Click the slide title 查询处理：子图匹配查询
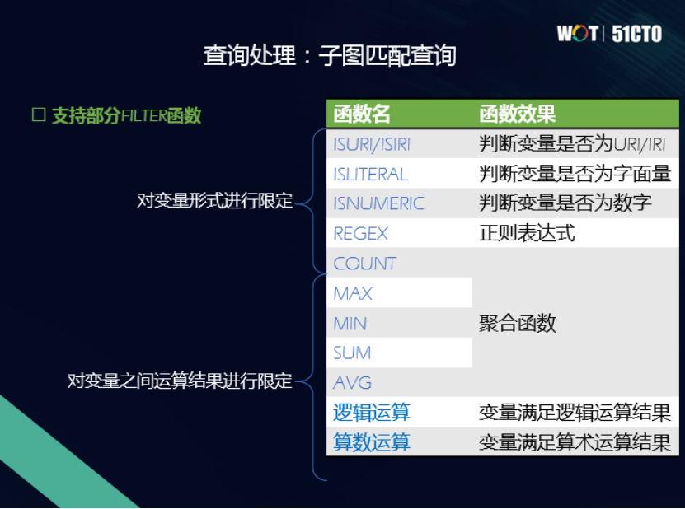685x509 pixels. tap(330, 55)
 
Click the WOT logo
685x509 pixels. tap(578, 34)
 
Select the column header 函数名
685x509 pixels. tap(362, 114)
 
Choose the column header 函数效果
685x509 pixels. tap(517, 114)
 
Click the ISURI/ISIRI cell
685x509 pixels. tap(372, 144)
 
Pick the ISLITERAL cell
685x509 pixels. tap(370, 175)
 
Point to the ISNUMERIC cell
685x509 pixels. tap(378, 203)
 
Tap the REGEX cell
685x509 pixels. tap(360, 234)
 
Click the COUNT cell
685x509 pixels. tap(364, 264)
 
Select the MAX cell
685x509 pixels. tap(353, 293)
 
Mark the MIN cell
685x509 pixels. tap(350, 324)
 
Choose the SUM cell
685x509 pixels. tap(352, 353)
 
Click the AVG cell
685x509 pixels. tap(352, 382)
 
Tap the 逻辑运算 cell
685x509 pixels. tap(371, 413)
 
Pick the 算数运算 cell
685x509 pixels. tap(371, 442)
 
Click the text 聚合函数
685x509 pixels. tap(517, 324)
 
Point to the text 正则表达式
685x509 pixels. tap(527, 234)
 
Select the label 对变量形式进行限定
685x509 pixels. tap(214, 201)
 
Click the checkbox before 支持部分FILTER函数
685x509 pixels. tap(38, 115)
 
